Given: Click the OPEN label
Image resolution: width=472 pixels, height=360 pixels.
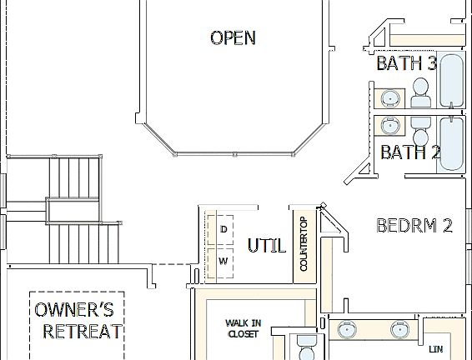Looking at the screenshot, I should coord(233,37).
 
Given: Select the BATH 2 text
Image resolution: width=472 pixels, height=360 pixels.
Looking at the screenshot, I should coord(409,152).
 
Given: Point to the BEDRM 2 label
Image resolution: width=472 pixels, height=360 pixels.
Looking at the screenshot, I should coord(414,226).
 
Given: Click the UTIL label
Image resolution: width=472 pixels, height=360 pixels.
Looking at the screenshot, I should coord(267,246).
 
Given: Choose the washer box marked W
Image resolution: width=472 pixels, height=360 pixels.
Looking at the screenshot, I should coord(223,261).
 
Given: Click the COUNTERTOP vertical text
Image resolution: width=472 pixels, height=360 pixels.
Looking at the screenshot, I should coord(304,243).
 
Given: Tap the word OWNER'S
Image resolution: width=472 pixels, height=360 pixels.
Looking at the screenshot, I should coord(74,311).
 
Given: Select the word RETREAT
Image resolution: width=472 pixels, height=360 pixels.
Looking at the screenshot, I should coord(83,332).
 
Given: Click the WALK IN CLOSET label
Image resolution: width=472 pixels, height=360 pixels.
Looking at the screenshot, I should coord(243,327).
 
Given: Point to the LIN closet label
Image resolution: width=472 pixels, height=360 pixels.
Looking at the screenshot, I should coord(435,348).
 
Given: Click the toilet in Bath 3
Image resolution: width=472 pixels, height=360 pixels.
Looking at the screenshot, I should coord(421,94).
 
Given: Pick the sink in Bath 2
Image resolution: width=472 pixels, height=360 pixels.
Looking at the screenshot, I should coord(389,126).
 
